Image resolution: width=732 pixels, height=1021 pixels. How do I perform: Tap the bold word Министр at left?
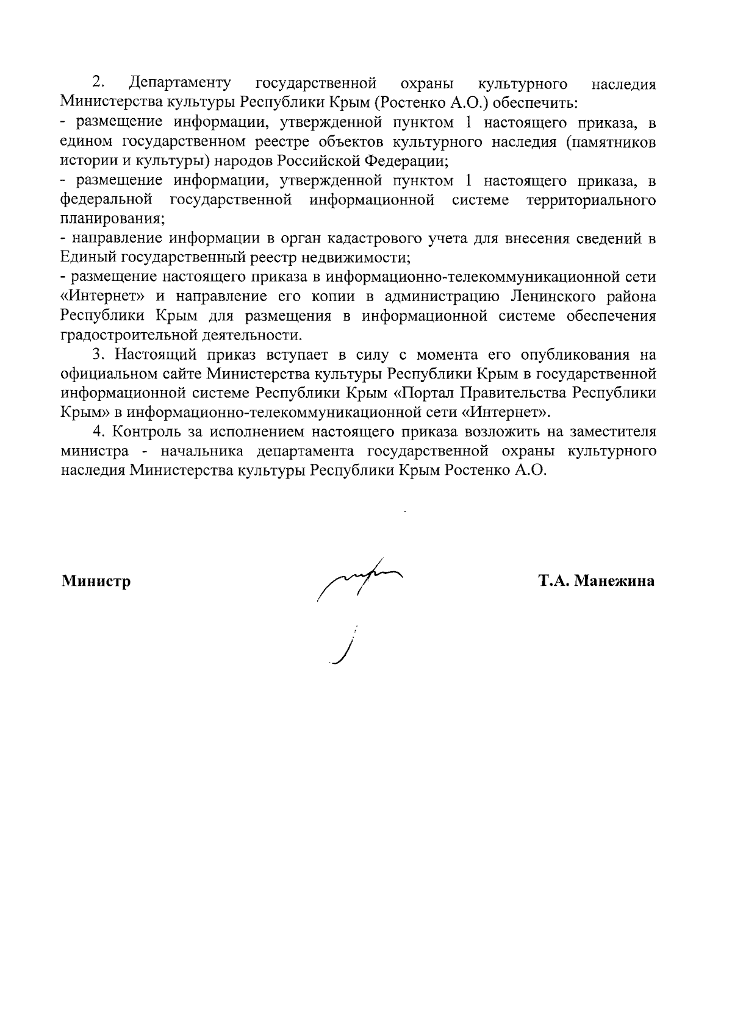coord(96,581)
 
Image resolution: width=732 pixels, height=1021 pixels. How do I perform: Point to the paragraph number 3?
coord(96,355)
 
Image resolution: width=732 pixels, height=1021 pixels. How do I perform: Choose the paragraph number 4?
coord(96,432)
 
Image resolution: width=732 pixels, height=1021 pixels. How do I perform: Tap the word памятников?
coord(611,142)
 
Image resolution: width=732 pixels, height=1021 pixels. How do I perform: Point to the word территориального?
coord(591,200)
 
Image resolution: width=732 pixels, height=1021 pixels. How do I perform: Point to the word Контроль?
coord(147,432)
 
